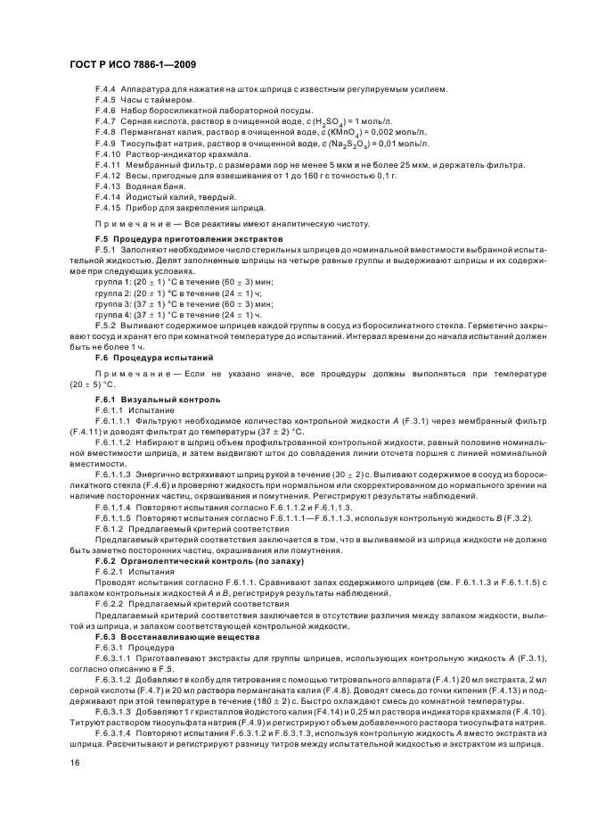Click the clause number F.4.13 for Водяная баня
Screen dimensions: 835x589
108,186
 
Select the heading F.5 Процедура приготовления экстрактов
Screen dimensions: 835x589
188,239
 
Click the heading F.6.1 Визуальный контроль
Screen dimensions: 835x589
157,399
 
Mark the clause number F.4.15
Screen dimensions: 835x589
108,207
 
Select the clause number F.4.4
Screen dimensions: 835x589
105,88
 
